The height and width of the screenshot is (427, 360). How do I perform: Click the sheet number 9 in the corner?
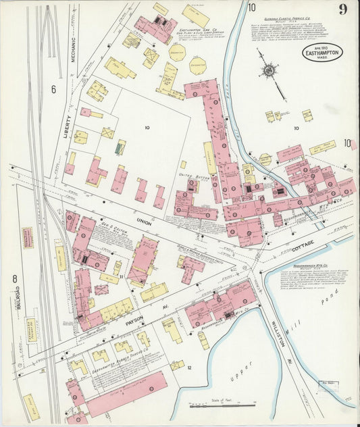pos(343,9)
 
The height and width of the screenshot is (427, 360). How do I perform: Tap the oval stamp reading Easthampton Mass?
pos(323,53)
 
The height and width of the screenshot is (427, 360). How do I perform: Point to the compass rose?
pos(269,70)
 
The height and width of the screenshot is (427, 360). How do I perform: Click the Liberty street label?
pos(67,125)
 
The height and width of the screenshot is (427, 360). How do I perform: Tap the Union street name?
pos(144,220)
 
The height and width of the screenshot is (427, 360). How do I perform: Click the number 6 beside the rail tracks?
pos(53,88)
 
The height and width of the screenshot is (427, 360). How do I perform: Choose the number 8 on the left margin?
pos(14,278)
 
